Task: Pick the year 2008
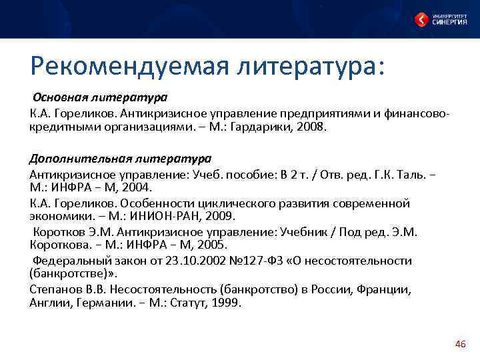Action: click(310, 127)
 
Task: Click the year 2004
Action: click(135, 188)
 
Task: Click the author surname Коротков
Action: click(61, 231)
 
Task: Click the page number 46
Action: click(459, 343)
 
